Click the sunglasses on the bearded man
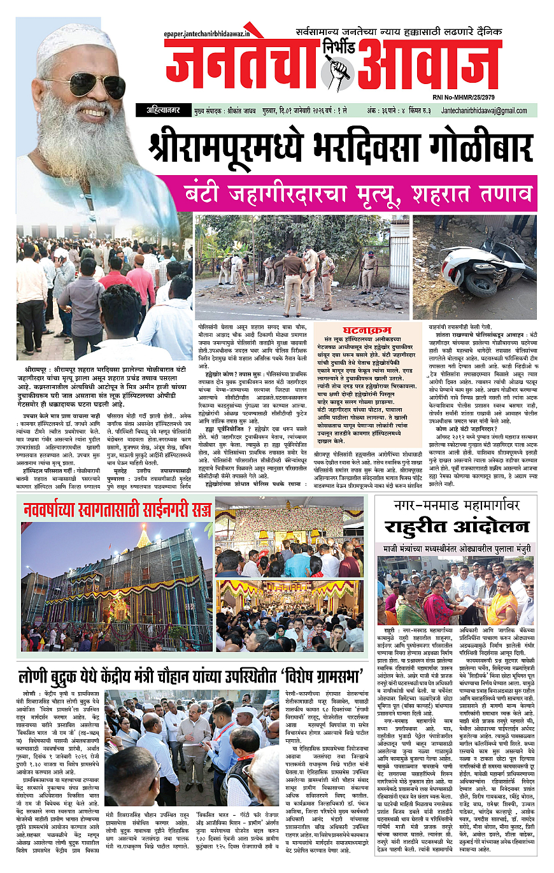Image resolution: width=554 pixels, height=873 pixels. click(89, 84)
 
